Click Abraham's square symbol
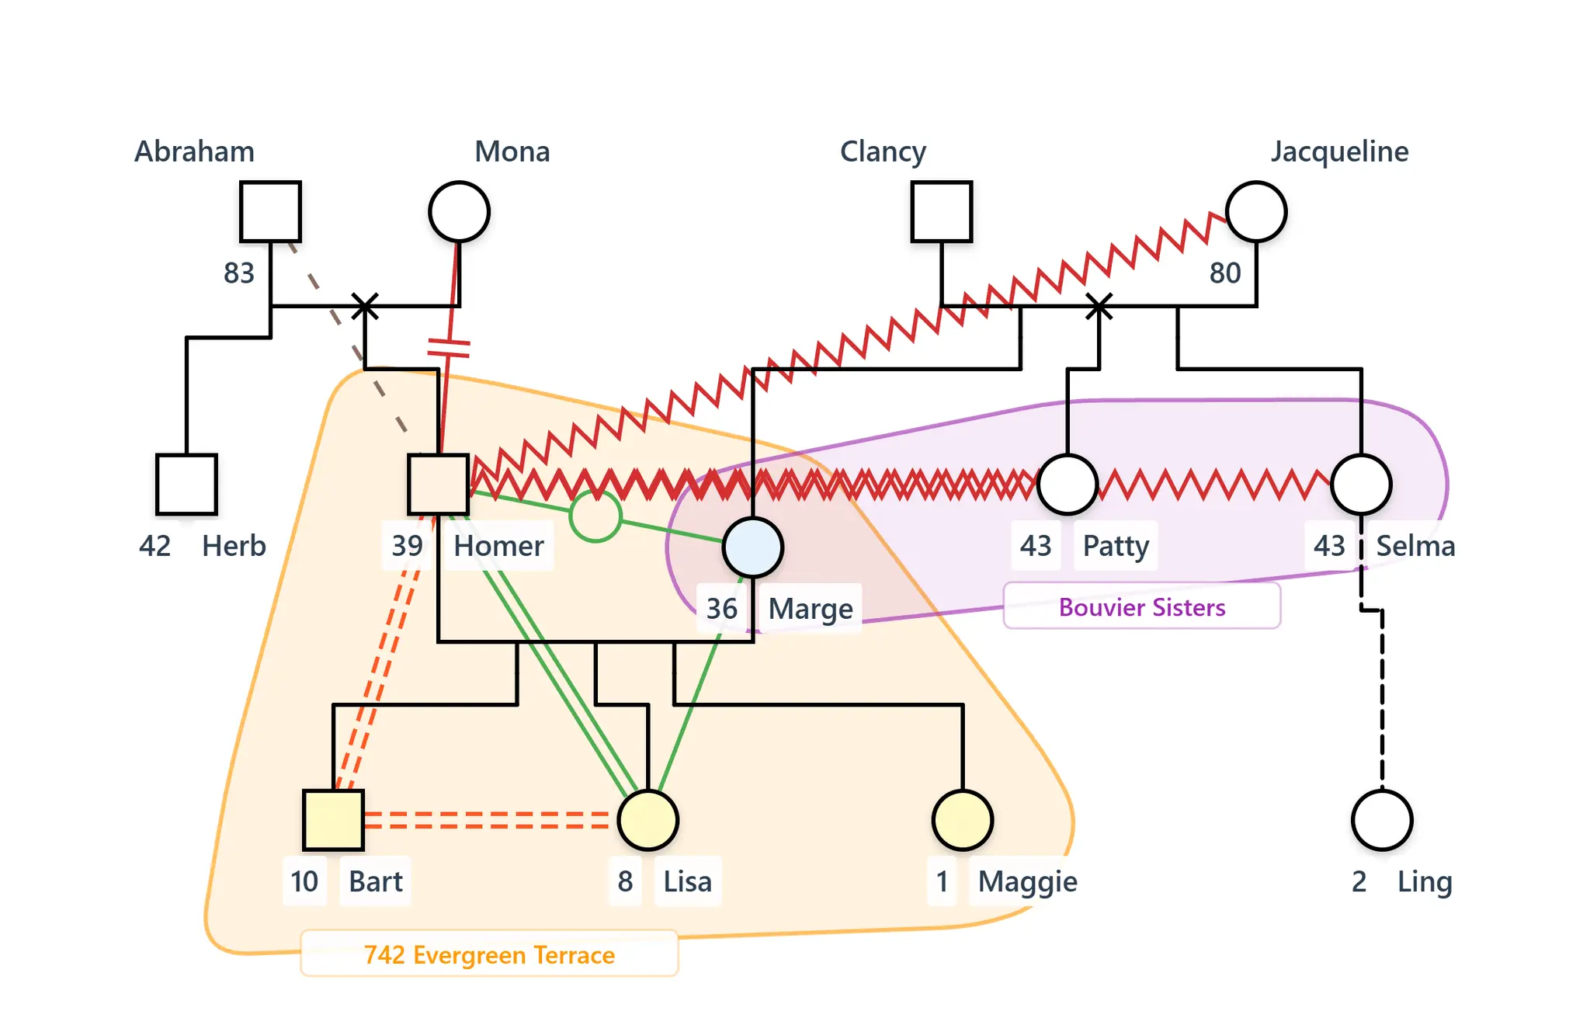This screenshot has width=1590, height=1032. [x=270, y=212]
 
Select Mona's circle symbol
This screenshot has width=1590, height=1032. [x=459, y=212]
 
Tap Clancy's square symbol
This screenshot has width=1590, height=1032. [x=942, y=212]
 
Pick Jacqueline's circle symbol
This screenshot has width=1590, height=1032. [x=1256, y=212]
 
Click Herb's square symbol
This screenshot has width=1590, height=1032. [x=186, y=485]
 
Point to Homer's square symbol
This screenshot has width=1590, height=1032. [x=439, y=485]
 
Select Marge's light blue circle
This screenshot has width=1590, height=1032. [x=752, y=547]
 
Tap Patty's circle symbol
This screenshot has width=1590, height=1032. [x=1068, y=485]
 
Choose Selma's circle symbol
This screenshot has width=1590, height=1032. [x=1361, y=485]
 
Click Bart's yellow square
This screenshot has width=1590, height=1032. [x=333, y=820]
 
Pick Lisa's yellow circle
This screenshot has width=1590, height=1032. [x=648, y=820]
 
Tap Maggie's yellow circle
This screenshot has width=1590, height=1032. [x=963, y=820]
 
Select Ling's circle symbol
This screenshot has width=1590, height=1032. [x=1382, y=820]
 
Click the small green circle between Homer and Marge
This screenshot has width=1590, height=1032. [x=595, y=516]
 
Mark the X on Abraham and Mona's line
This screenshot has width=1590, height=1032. [x=365, y=306]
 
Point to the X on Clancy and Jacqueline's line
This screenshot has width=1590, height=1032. [x=1099, y=306]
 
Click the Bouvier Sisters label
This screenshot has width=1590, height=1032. [x=1142, y=606]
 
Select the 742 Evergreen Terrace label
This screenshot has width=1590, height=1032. [x=489, y=954]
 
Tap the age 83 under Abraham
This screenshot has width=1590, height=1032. [x=239, y=273]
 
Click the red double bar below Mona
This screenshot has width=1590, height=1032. [x=449, y=348]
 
